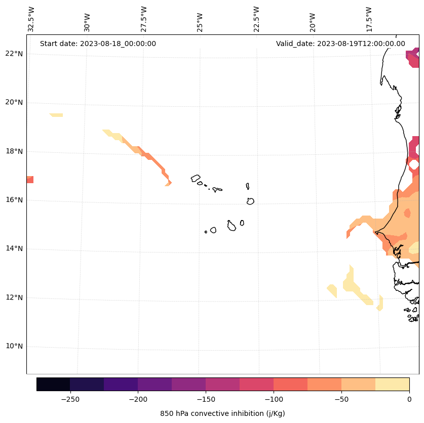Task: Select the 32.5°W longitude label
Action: [31, 19]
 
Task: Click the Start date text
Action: [98, 44]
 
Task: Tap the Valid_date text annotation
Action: [340, 44]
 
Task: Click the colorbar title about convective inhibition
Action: [222, 413]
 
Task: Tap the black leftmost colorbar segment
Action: [53, 384]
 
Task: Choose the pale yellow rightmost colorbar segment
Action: [392, 384]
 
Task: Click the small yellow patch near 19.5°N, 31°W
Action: [56, 115]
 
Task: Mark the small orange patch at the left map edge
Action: [30, 180]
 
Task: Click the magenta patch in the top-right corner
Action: [413, 58]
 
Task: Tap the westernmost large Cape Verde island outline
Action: [196, 178]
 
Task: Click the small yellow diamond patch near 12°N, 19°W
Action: [332, 290]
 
